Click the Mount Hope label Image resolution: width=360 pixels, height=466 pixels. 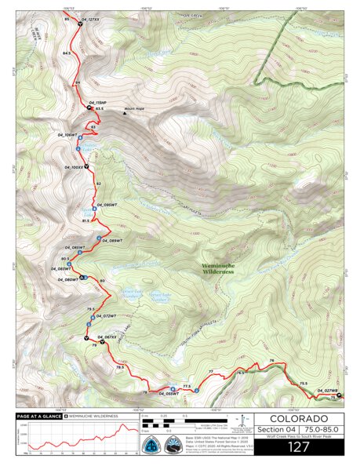135,109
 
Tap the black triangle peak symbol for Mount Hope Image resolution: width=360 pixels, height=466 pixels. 124,113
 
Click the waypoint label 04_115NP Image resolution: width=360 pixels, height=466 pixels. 97,103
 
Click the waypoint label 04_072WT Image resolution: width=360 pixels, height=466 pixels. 105,316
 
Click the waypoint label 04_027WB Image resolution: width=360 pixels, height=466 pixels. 327,391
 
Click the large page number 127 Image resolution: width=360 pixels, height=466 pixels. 299,446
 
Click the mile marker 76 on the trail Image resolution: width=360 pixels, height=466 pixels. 271,361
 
